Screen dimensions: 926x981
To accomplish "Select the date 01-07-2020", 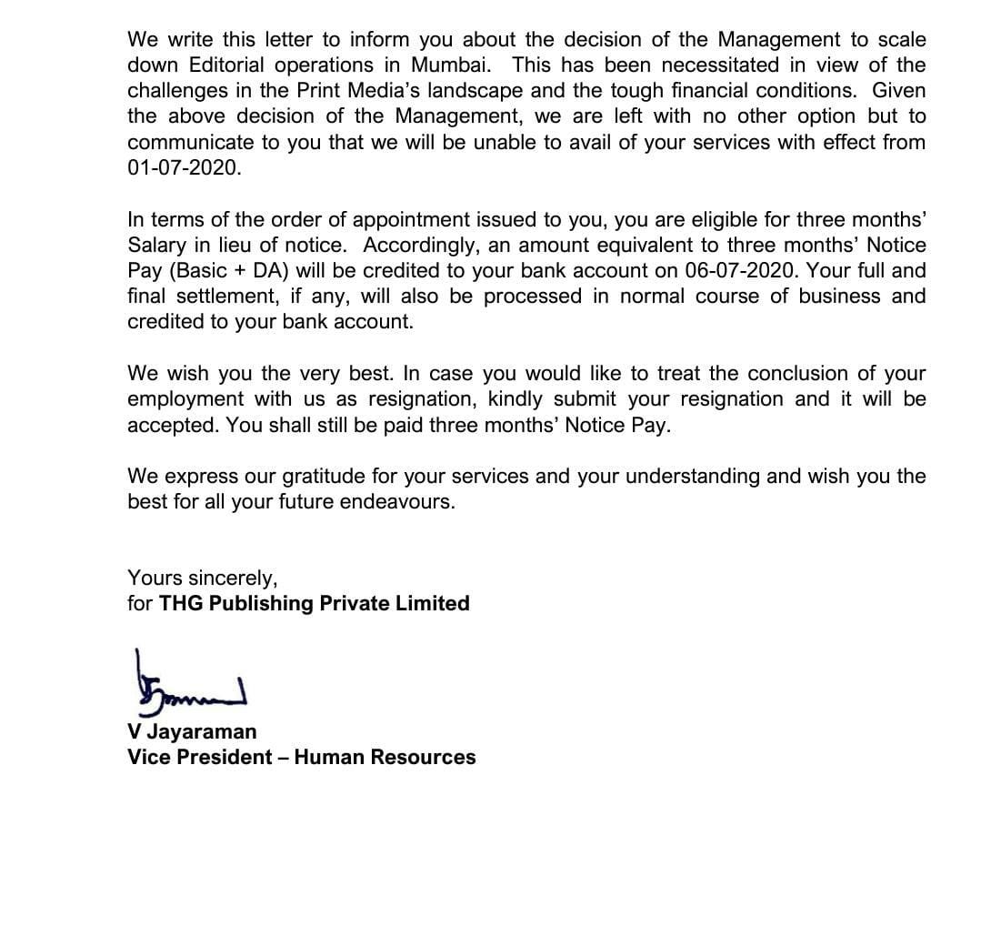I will (185, 168).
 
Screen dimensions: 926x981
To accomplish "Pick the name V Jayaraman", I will (192, 731).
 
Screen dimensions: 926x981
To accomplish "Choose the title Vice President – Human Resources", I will (301, 757).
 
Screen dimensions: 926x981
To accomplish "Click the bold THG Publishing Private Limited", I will (315, 603).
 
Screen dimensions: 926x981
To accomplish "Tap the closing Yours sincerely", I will (202, 578).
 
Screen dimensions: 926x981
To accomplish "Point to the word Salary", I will (156, 246).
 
